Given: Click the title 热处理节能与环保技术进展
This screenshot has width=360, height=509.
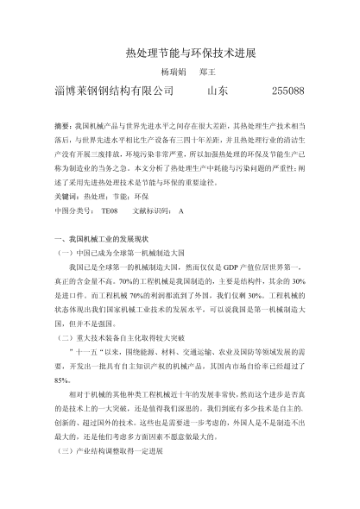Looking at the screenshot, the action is (x=180, y=53).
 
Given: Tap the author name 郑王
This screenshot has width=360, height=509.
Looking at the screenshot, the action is (x=206, y=72).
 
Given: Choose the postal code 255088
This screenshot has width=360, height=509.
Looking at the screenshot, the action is (x=287, y=91).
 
